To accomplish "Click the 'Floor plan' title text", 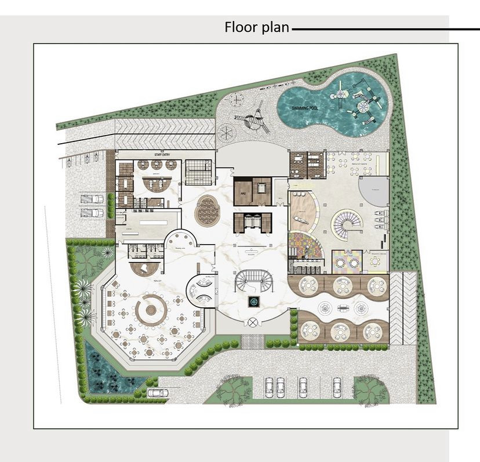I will pos(256,27).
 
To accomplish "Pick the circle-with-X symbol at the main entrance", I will pos(253,322).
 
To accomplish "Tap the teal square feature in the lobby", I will pos(253,301).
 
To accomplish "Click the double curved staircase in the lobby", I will pos(253,282).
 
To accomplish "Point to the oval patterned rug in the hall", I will pos(206,211).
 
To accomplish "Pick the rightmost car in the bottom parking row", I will pos(337,385).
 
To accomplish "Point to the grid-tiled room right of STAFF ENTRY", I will pos(199,172).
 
